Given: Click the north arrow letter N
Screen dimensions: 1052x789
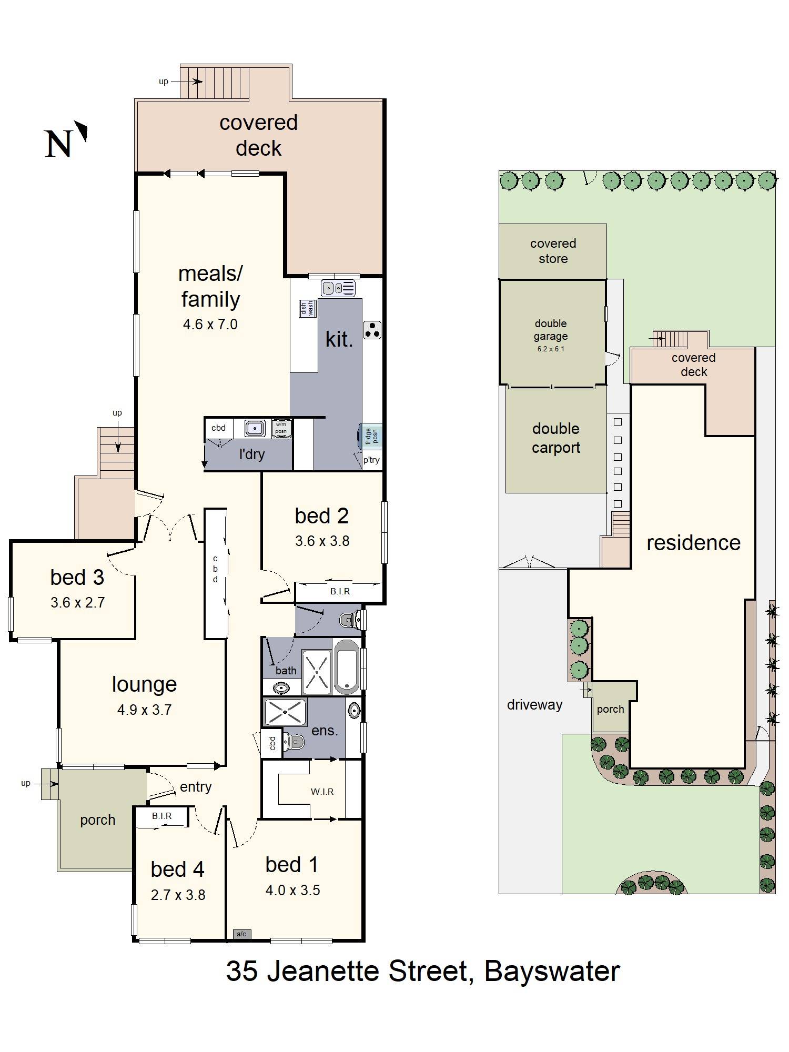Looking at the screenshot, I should tap(58, 144).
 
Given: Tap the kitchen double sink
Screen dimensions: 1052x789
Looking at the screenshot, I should tap(338, 288).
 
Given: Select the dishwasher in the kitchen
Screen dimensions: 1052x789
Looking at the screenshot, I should tap(307, 308).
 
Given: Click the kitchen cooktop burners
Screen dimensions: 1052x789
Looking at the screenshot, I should tap(372, 330).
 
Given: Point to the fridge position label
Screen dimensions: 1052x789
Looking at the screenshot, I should tap(371, 436).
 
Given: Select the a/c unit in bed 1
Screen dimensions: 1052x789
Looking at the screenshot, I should tap(241, 934).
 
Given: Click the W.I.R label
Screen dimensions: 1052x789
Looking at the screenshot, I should tap(322, 791).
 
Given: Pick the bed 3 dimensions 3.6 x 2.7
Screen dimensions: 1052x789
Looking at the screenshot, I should tap(77, 602).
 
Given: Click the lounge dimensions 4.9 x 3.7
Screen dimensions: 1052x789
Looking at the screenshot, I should tap(144, 710).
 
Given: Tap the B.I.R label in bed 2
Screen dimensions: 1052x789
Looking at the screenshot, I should tap(340, 591).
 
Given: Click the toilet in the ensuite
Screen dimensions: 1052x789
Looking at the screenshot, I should tap(295, 742).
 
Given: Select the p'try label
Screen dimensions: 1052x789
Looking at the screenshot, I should tap(371, 460).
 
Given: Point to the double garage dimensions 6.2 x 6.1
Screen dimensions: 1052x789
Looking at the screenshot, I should tap(550, 349).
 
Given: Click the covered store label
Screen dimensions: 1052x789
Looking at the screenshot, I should tap(553, 251).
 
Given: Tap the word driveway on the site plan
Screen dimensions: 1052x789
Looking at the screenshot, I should tap(534, 705).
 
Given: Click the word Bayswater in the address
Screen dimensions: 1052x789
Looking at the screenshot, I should tap(552, 971).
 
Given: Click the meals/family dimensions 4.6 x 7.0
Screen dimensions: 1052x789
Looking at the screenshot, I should tap(210, 324).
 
